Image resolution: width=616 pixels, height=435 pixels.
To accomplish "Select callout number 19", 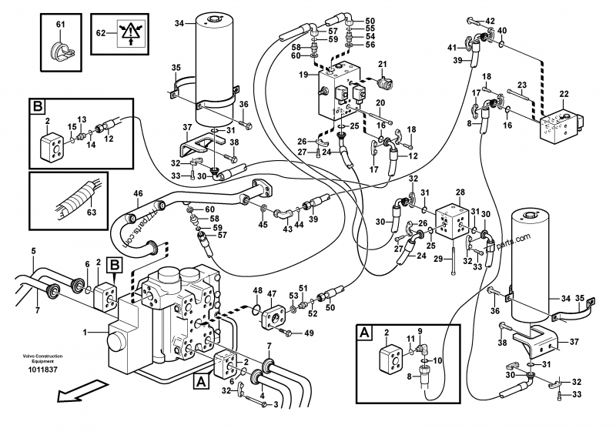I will (304, 75).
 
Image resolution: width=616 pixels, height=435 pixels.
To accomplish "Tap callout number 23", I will (522, 85).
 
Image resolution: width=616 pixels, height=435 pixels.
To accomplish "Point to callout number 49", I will (308, 333).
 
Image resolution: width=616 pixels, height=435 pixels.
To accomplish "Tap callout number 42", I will (490, 20).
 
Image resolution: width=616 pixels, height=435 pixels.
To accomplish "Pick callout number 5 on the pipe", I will (33, 250).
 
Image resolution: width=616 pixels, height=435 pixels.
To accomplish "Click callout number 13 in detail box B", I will (81, 119).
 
